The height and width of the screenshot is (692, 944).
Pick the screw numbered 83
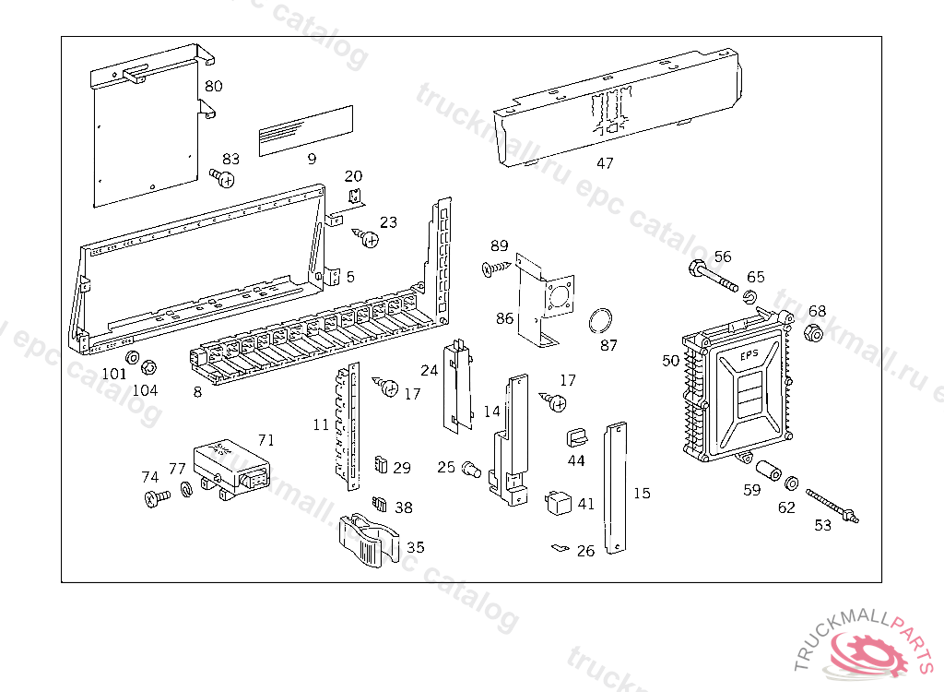(x=222, y=176)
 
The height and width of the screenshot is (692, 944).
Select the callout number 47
(x=605, y=163)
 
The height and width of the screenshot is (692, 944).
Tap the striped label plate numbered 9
(x=305, y=130)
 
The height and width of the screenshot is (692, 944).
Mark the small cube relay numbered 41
(x=559, y=503)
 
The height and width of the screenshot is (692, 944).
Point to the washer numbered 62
(x=791, y=483)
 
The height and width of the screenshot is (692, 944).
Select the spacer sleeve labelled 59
(x=767, y=467)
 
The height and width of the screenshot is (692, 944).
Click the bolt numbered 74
(x=156, y=499)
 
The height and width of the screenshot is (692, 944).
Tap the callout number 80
(x=214, y=87)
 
